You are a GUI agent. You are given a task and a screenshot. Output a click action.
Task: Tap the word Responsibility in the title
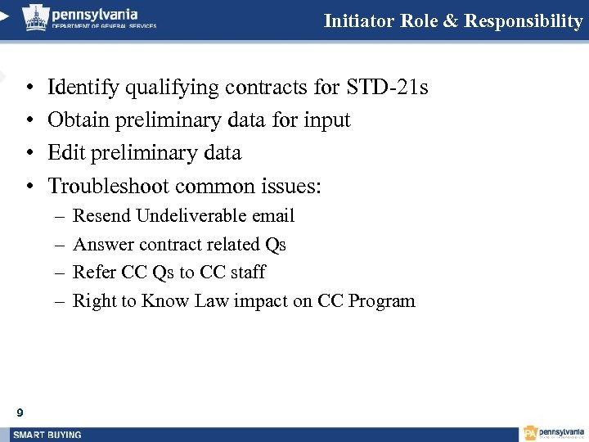click(523, 21)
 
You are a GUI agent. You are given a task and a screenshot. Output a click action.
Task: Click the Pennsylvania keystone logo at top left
click(34, 17)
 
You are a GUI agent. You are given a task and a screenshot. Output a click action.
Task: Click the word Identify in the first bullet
click(80, 87)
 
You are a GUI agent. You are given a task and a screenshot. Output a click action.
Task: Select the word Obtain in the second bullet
click(78, 120)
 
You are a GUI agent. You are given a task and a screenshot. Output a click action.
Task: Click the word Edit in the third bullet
click(65, 153)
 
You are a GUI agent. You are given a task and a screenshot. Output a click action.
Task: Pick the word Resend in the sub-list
click(102, 216)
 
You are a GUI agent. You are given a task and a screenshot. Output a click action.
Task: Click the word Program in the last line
click(381, 301)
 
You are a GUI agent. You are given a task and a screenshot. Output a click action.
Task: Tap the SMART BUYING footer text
click(47, 435)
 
